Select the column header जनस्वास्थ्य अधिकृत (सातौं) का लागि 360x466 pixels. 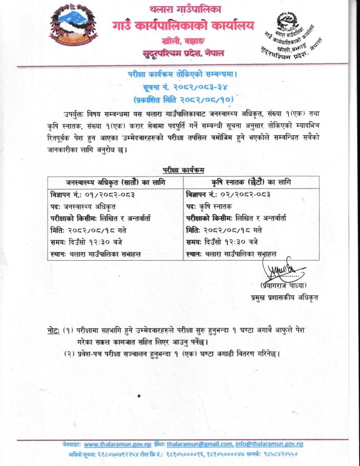[x=116, y=182]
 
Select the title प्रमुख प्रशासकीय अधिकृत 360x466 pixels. [x=281, y=297]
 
